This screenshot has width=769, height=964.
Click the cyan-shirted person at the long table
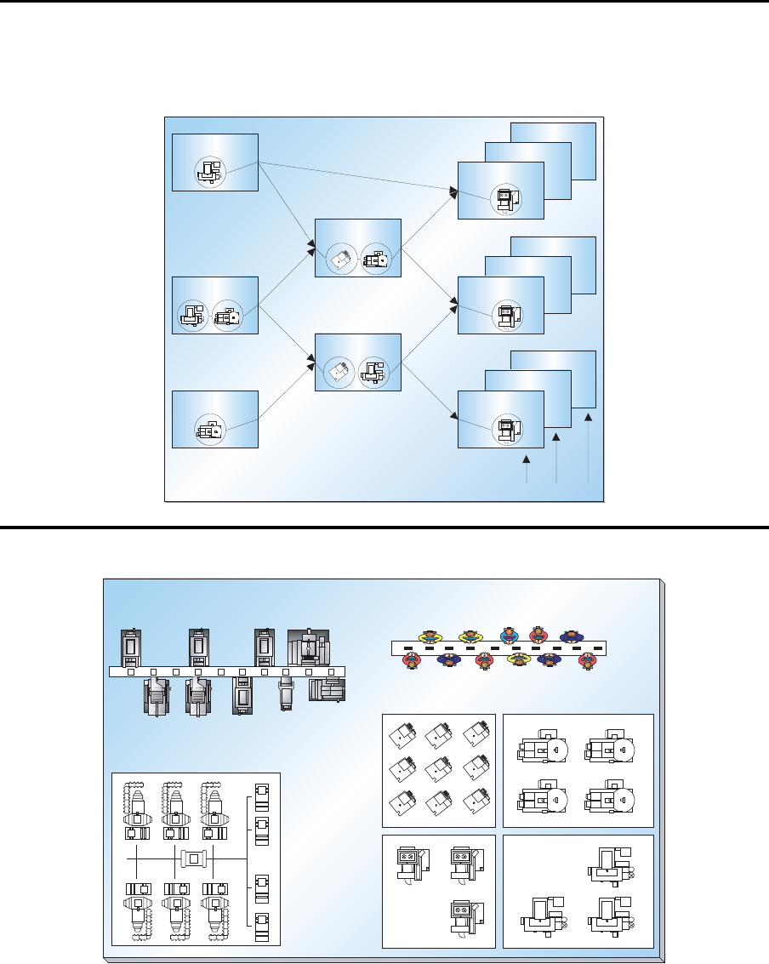coord(510,636)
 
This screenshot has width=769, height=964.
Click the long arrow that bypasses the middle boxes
coord(357,175)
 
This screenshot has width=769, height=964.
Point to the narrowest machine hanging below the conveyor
coord(287,693)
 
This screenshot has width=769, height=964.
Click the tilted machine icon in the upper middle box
coord(343,258)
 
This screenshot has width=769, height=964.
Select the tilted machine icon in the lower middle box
coord(339,372)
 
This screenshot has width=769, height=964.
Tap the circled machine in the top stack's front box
coord(505,199)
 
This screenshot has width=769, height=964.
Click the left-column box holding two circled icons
coord(215,305)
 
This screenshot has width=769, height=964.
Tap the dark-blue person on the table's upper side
coord(569,636)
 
